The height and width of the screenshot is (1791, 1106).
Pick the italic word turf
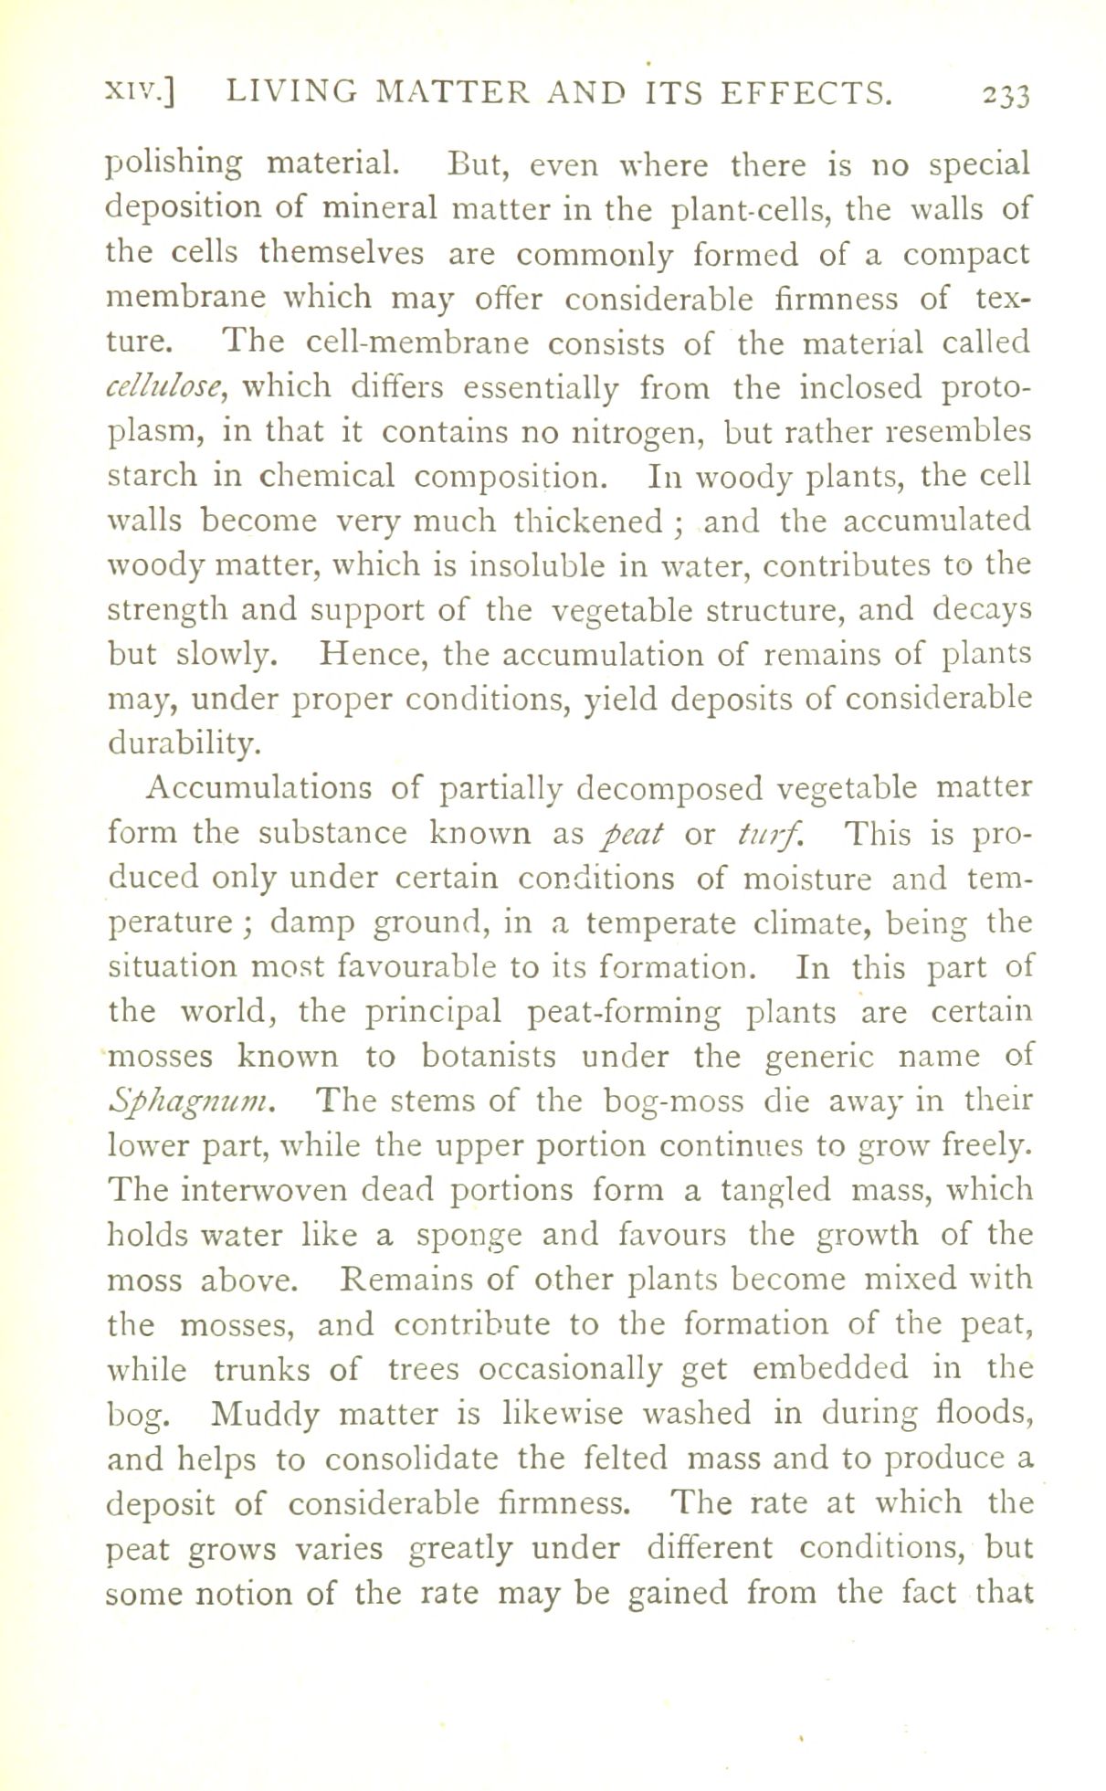pos(757,833)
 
